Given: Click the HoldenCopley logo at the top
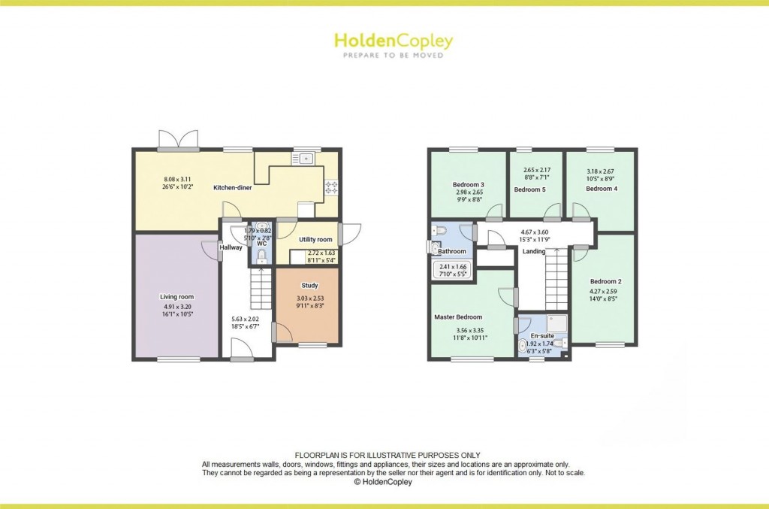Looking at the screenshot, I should click(x=393, y=41).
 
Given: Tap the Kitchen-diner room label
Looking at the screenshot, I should click(x=232, y=187).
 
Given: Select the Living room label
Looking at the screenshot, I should click(x=177, y=297).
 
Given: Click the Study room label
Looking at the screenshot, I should click(x=309, y=286).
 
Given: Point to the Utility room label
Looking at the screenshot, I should click(x=315, y=239).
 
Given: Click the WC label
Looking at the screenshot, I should click(x=261, y=244).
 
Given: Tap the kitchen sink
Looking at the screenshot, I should click(x=307, y=159).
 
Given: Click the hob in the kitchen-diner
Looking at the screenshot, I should click(x=331, y=188).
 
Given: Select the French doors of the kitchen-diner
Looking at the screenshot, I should click(x=178, y=141).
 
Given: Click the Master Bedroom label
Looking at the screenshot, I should click(x=458, y=317).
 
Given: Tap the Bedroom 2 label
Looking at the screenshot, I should click(x=605, y=281).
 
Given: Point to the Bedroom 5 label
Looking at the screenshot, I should click(x=529, y=189).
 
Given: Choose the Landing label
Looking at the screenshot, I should click(x=534, y=251).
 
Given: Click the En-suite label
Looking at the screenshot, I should click(x=542, y=335).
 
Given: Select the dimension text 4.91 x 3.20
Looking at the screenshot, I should click(x=176, y=307).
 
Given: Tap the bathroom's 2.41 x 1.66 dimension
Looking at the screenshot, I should click(x=454, y=266).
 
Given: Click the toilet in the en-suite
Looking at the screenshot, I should click(x=523, y=346).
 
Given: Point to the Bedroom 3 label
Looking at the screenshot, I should click(x=468, y=184).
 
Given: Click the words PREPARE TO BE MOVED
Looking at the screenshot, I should click(x=393, y=55).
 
